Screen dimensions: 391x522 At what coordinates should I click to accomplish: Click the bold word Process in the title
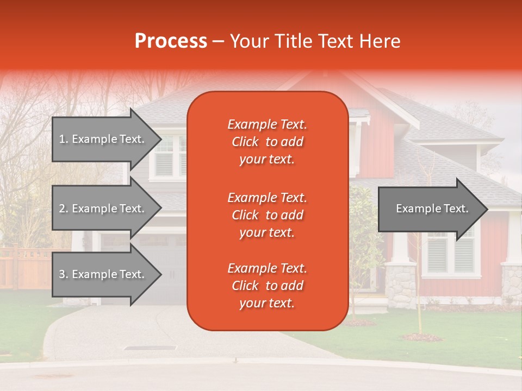click(171, 41)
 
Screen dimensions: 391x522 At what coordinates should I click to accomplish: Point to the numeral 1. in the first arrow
click(64, 139)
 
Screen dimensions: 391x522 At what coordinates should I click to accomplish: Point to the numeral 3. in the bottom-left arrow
click(64, 274)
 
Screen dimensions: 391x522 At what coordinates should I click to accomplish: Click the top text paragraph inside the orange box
click(267, 142)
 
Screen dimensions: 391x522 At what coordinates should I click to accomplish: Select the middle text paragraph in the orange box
click(267, 215)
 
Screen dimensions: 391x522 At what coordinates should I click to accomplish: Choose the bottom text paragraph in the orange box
click(267, 286)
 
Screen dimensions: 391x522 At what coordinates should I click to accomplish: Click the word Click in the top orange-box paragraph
click(245, 142)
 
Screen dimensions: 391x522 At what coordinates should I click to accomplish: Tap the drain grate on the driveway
click(150, 348)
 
